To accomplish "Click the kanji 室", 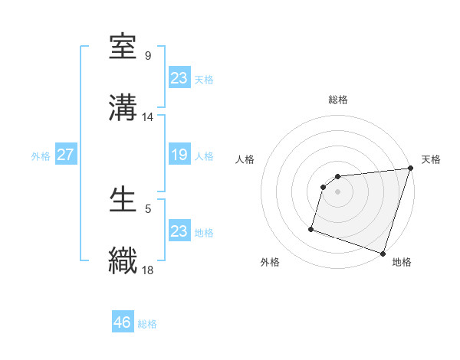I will click(123, 47).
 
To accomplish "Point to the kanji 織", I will click(123, 260).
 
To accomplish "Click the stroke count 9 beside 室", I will click(147, 56).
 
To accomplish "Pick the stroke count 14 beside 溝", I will click(148, 117).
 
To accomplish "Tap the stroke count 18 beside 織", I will click(148, 269).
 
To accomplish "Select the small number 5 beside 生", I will click(147, 208).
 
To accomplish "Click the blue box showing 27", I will click(66, 155).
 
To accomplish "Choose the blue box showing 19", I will click(179, 155).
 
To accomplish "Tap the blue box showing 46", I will click(123, 322).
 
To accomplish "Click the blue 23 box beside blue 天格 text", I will click(179, 77).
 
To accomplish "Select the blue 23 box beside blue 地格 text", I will click(179, 231).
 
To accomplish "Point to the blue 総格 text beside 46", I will click(147, 324).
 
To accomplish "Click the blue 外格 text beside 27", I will click(41, 155).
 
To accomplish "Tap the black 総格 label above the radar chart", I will click(338, 100).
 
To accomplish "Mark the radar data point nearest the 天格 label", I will click(410, 169).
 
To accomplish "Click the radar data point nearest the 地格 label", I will click(383, 253).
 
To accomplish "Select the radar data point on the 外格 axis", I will click(311, 228).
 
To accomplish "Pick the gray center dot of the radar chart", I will click(338, 191).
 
